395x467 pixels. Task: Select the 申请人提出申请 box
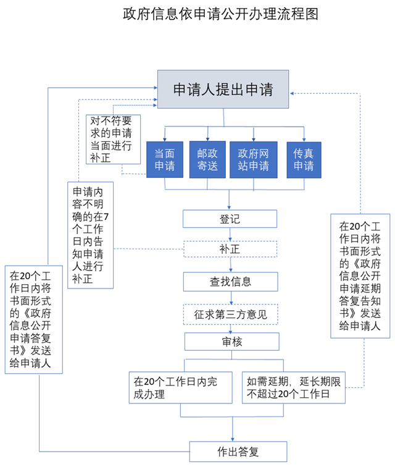tap(223, 89)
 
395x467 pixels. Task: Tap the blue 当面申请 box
tap(164, 160)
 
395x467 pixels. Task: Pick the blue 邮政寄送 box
tap(207, 160)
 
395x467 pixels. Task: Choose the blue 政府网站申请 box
tap(254, 160)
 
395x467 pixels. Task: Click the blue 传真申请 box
tap(304, 160)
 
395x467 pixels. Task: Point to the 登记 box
tap(230, 219)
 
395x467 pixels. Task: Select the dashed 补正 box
tap(230, 250)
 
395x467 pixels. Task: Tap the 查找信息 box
tap(230, 282)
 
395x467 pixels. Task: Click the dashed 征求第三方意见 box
tap(230, 314)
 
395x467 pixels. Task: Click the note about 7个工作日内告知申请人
tap(91, 235)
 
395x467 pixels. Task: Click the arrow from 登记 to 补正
tap(230, 235)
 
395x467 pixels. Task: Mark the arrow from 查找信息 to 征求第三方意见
tap(230, 297)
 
